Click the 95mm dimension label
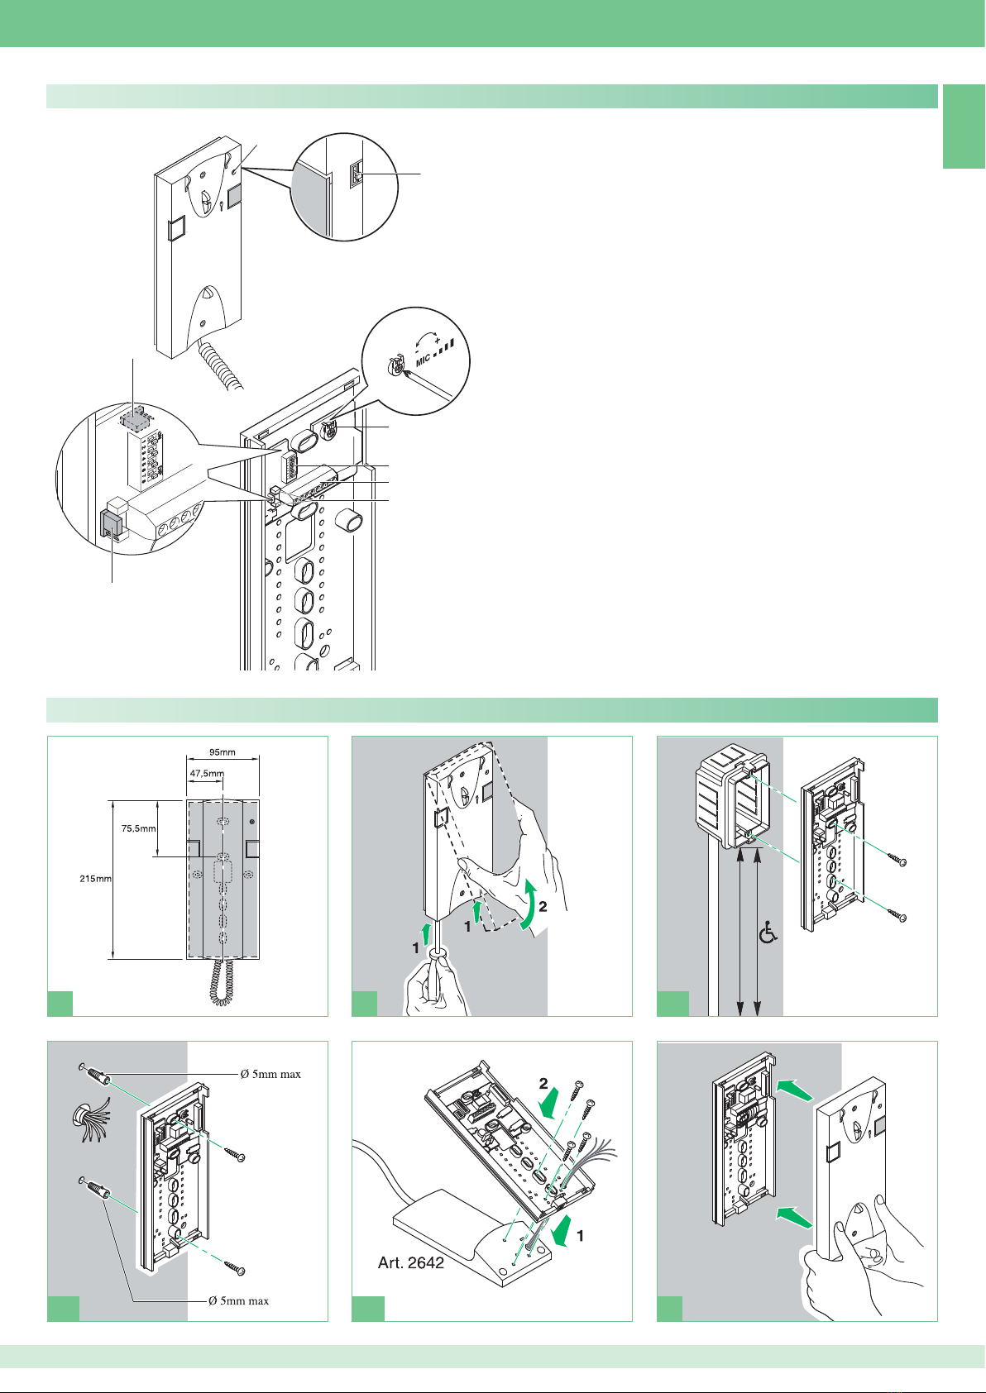pyautogui.click(x=223, y=752)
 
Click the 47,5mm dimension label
pyautogui.click(x=207, y=774)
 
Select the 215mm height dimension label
pyautogui.click(x=95, y=879)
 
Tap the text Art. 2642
pyautogui.click(x=410, y=1262)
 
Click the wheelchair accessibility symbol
pyautogui.click(x=769, y=934)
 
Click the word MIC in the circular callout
pyautogui.click(x=424, y=360)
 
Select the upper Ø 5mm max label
pyautogui.click(x=270, y=1074)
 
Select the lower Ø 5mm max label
pyautogui.click(x=238, y=1300)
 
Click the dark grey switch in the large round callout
pyautogui.click(x=109, y=523)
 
